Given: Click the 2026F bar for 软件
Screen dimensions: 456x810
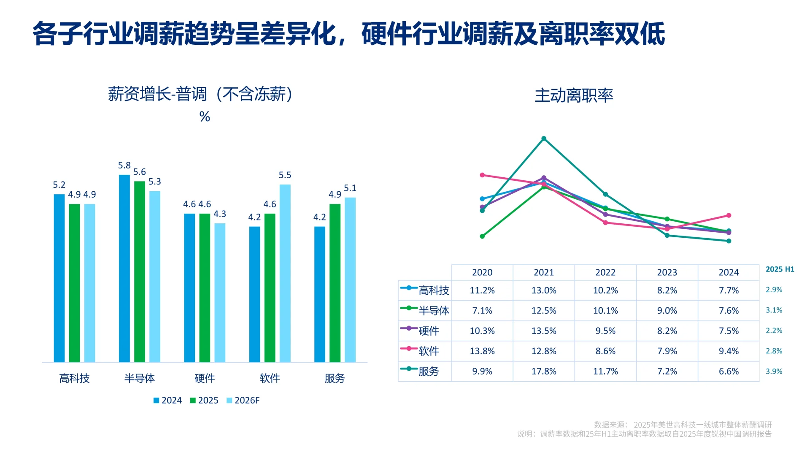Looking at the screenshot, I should coord(285,273).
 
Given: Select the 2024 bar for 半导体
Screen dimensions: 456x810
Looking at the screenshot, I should coord(124,268).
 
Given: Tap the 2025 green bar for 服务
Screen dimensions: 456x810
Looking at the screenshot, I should coord(335,283).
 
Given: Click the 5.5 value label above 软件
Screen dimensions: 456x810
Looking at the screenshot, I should coord(285,175).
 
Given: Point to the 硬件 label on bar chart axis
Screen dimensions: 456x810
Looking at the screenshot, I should coord(205,378).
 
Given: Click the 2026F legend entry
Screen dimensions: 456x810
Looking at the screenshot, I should coord(243,400).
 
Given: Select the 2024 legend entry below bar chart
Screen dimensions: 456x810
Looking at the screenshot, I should coord(167,400).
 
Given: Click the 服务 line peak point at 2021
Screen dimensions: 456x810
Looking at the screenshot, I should coord(544,138).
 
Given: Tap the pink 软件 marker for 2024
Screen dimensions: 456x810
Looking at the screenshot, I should coord(729,215).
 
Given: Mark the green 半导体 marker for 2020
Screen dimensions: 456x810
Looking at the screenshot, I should coord(482,236).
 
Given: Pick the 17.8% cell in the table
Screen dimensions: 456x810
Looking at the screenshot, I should coord(544,372).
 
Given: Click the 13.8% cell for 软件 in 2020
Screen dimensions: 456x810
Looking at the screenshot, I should coord(482,351).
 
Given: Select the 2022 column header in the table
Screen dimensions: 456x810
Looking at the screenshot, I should coord(605,272).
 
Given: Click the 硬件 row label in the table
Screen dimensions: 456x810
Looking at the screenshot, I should coord(429,331).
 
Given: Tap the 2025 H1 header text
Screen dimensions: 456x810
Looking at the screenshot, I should coord(780,269).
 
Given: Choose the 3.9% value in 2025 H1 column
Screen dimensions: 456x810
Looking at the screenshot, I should coord(774,372).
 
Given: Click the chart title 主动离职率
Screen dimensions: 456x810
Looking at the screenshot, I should coord(574,95).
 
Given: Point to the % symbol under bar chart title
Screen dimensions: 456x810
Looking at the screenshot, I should coord(205,117).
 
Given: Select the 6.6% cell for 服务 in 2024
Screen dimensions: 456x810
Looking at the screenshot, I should coord(729,372).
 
